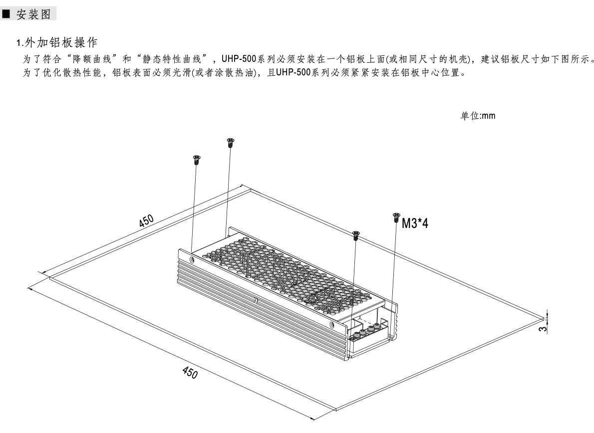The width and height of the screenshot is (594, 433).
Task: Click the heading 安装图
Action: click(33, 14)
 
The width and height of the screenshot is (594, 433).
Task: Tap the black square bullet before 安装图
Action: click(6, 14)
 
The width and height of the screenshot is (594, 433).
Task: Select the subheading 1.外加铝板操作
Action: click(57, 42)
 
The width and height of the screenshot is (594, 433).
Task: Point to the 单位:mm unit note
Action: click(478, 116)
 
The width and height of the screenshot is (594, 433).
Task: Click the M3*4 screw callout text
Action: click(415, 223)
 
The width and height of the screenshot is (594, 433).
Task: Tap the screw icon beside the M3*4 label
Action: click(396, 217)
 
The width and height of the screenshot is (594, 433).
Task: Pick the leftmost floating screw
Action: click(196, 160)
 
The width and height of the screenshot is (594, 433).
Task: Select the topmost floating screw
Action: click(230, 143)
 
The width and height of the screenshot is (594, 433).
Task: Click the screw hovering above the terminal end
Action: click(355, 235)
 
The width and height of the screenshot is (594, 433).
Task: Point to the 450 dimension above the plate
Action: click(146, 220)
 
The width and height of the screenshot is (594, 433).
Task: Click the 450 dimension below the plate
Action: click(190, 372)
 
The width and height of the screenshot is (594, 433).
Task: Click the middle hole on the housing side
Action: click(256, 300)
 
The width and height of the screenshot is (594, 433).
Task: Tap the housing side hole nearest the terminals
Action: click(332, 324)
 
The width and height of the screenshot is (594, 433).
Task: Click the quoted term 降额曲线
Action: click(92, 59)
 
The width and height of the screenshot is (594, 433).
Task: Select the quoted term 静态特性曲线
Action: click(172, 59)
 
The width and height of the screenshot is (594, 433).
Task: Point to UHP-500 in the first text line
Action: click(239, 59)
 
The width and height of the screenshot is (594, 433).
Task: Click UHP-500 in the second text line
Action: click(293, 72)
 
